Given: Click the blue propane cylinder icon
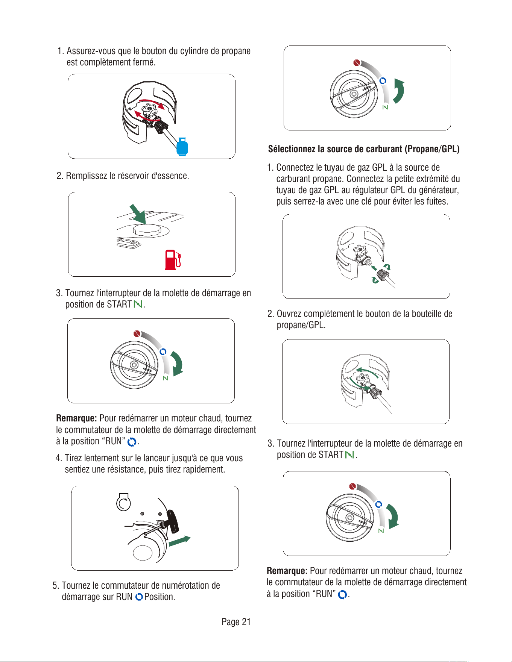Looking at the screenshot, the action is [182, 146].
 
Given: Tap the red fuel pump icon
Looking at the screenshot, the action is [173, 260].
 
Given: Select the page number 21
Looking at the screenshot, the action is [246, 622].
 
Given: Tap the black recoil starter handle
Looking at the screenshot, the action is [173, 521].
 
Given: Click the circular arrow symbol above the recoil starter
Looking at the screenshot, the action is [123, 502].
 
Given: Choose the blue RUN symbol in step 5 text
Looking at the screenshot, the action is [139, 597].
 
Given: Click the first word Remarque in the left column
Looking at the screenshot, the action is [76, 418].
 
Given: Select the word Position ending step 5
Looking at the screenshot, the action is [160, 597].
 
